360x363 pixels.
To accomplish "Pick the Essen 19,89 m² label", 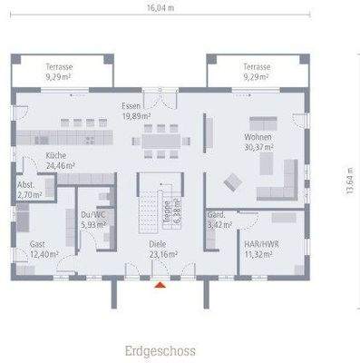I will tap(136, 111).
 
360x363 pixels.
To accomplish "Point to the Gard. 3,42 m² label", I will tap(219, 219).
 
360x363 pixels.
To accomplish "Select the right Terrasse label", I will tap(257, 72).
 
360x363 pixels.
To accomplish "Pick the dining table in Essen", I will tap(161, 140).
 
